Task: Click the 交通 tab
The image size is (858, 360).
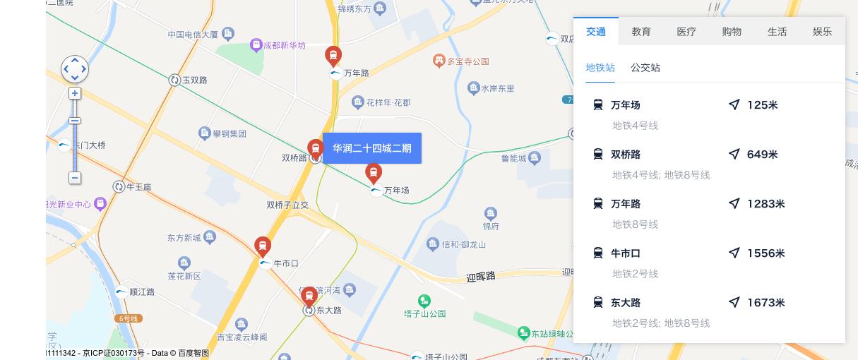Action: pos(595,32)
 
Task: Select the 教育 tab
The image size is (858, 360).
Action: pos(641,32)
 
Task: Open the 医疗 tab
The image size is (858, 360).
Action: pos(686,32)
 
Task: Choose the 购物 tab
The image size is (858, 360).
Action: pos(732,32)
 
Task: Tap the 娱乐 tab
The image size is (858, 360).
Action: pos(822,32)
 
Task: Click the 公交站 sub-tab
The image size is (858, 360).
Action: pos(645,68)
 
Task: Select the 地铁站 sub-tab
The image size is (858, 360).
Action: pos(600,68)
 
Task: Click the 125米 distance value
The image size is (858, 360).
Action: pos(762,105)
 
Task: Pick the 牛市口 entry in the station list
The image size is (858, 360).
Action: pos(626,253)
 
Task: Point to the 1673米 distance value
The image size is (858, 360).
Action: pos(765,303)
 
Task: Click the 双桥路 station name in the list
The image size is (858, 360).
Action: pos(626,155)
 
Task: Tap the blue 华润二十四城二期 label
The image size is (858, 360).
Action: pos(372,148)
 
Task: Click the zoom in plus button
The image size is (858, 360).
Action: pos(75,93)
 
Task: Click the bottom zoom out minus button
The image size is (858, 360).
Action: pos(75,178)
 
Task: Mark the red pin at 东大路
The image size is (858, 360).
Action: pos(309,296)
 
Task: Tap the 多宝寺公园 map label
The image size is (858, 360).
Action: pos(467,61)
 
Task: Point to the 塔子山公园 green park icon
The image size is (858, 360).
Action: pos(424,301)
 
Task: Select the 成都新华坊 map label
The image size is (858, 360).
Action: pos(284,45)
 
